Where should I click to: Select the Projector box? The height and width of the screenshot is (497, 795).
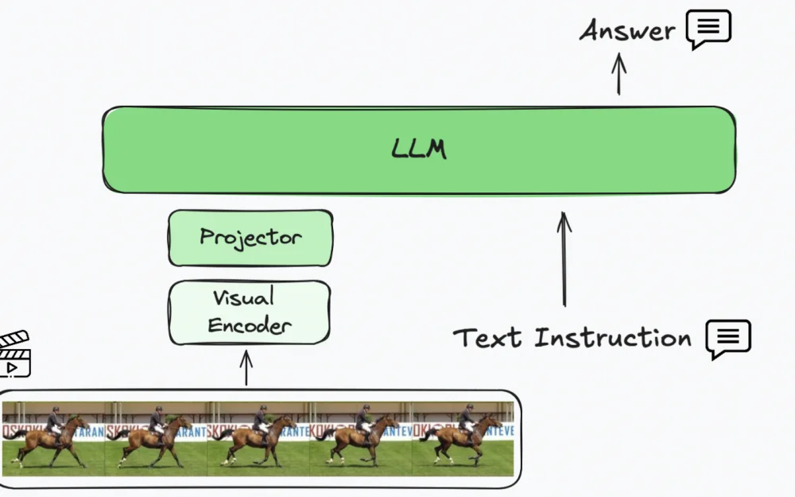(x=250, y=237)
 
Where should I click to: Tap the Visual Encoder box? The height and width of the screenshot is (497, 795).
(x=249, y=312)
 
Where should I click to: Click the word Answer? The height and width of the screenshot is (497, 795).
(x=627, y=31)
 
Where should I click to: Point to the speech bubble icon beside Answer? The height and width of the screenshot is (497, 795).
(x=708, y=29)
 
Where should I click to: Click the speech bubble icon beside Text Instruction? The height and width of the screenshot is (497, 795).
(x=728, y=339)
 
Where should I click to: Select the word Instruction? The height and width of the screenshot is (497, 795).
(x=612, y=338)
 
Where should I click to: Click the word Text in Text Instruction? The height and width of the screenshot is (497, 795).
(x=488, y=338)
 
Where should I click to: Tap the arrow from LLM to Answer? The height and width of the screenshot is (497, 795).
(x=619, y=74)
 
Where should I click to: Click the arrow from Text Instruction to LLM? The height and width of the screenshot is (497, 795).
(x=564, y=258)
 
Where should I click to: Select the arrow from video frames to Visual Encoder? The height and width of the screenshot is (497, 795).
(x=246, y=367)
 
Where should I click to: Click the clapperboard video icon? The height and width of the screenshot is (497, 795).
(x=14, y=354)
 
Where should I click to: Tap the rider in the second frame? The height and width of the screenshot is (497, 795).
(x=157, y=421)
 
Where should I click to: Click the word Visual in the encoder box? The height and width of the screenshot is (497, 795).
(x=243, y=299)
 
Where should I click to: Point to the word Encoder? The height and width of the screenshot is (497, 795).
(x=249, y=325)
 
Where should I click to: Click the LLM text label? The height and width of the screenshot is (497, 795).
(x=419, y=149)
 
